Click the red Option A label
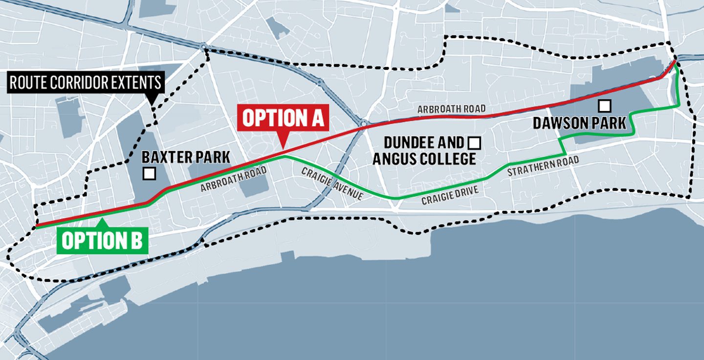click(x=283, y=119)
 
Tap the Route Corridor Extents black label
click(x=86, y=83)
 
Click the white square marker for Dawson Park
click(x=605, y=106)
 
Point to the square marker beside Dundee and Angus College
click(x=474, y=143)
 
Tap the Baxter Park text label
click(x=186, y=157)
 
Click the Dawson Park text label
click(x=579, y=123)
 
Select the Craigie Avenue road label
click(x=332, y=183)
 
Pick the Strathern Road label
click(x=543, y=166)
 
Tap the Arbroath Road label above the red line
click(x=451, y=109)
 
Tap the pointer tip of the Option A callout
click(x=281, y=148)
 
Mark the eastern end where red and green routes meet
click(x=675, y=62)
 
